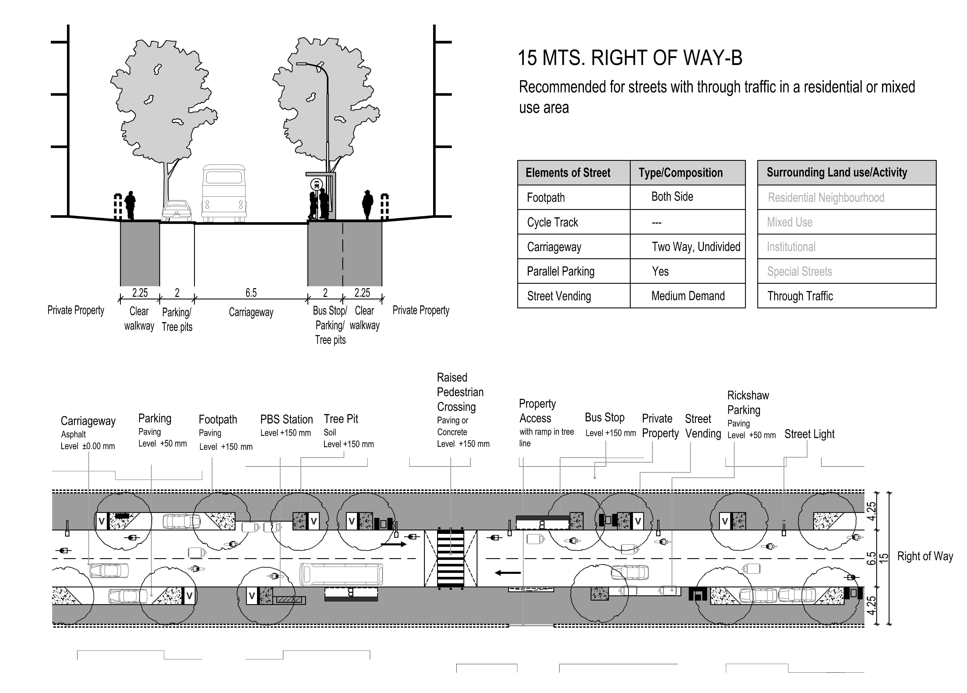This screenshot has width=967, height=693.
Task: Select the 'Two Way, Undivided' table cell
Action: (x=696, y=246)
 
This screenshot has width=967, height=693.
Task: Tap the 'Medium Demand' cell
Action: (x=688, y=296)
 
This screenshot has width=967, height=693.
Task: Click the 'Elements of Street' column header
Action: (x=568, y=173)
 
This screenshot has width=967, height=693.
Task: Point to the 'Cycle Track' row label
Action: (x=553, y=222)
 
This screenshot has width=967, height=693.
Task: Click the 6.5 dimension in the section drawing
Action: (x=251, y=293)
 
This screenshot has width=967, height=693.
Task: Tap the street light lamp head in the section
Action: (x=302, y=64)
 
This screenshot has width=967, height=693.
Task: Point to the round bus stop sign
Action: (x=316, y=185)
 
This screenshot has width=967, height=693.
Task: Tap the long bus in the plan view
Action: (x=341, y=574)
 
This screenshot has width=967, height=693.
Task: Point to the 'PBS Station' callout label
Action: (x=287, y=419)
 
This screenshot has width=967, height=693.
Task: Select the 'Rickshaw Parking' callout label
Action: (x=748, y=403)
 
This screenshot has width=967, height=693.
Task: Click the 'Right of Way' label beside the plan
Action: (x=925, y=556)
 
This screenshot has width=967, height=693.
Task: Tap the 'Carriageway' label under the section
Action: (x=251, y=312)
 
